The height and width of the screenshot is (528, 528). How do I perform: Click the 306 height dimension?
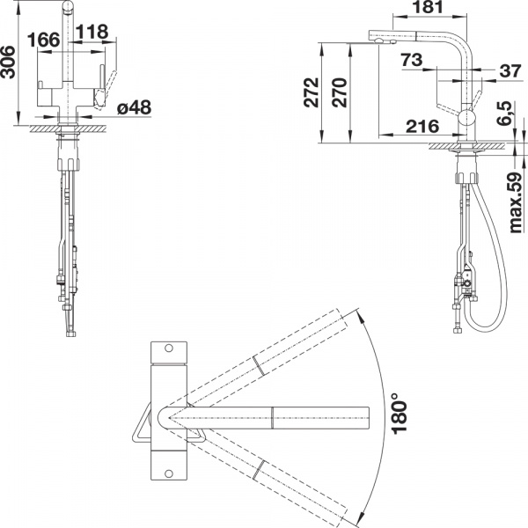(8, 62)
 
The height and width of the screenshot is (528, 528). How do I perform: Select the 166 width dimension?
(43, 40)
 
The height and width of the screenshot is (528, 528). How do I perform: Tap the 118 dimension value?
(92, 32)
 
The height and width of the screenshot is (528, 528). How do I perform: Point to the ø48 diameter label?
(135, 107)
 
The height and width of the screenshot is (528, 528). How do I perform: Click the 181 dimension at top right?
(428, 7)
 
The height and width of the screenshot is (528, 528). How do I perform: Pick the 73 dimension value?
(412, 60)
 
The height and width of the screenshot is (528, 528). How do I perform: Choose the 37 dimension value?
(510, 71)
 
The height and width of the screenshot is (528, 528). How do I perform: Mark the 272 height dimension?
(311, 92)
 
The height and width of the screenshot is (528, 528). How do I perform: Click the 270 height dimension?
(339, 92)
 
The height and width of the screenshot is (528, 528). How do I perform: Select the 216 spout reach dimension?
(422, 126)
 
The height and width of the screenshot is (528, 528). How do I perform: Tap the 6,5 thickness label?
(505, 114)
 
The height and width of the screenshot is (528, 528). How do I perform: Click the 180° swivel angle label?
(399, 413)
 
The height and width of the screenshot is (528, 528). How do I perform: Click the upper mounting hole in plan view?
(169, 348)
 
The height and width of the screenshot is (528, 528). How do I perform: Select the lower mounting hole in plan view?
(169, 473)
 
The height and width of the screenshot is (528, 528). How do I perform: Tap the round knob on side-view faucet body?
(466, 119)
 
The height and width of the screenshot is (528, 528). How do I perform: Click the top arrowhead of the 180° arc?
(360, 316)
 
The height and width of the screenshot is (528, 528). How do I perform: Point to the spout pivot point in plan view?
(169, 418)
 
